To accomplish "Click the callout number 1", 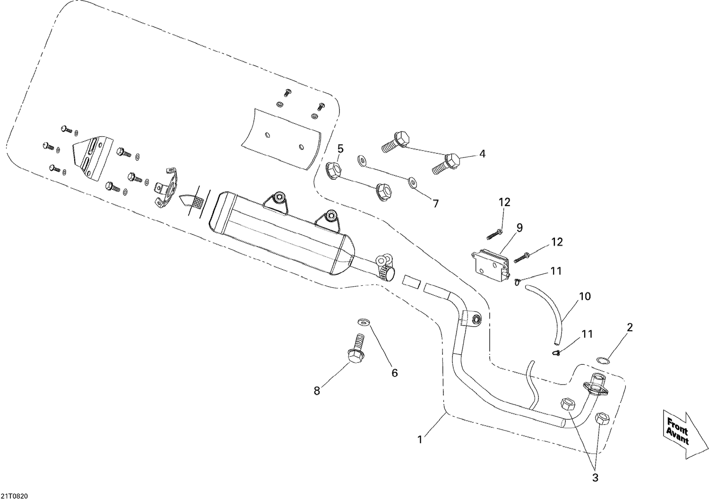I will [x=420, y=439].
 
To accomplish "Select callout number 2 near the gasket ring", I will [x=630, y=327].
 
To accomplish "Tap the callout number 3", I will [x=595, y=478].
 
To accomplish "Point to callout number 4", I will [x=482, y=153].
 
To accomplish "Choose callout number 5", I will [x=340, y=149].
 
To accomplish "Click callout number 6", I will [x=394, y=373].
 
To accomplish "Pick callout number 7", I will [x=435, y=203].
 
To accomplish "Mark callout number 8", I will [x=317, y=391].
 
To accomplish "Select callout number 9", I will [x=519, y=228].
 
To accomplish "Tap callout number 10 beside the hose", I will [x=585, y=297].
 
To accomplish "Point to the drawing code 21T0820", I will [x=14, y=496].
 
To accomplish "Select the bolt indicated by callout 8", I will [x=356, y=350].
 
